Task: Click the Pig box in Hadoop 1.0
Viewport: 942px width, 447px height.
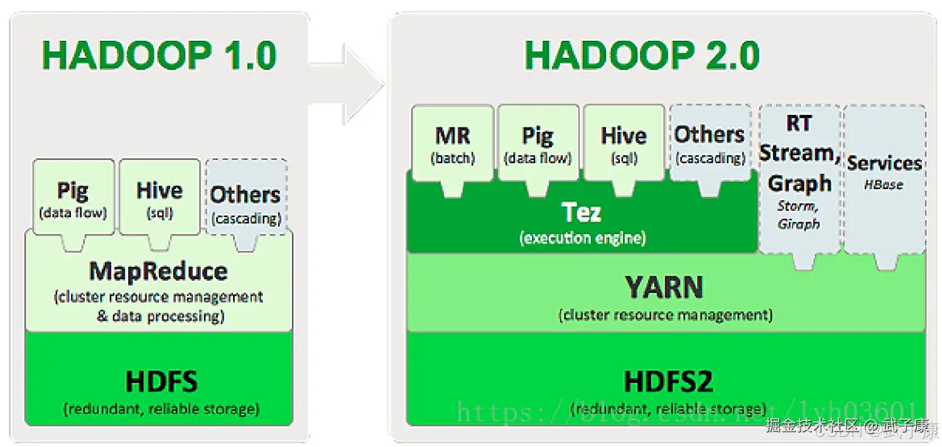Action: pyautogui.click(x=73, y=198)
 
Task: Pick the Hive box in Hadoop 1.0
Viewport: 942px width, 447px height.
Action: pyautogui.click(x=160, y=198)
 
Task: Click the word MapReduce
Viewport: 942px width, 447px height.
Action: pyautogui.click(x=158, y=271)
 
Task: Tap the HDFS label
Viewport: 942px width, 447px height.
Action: pyautogui.click(x=161, y=382)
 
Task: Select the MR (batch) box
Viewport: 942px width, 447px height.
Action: pyautogui.click(x=452, y=144)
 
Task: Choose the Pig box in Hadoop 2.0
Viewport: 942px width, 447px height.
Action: pyautogui.click(x=538, y=144)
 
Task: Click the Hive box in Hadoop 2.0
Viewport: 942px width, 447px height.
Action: pyautogui.click(x=624, y=144)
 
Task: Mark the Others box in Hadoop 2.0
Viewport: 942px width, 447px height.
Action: pyautogui.click(x=710, y=143)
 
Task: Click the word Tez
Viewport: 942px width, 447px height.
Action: pyautogui.click(x=582, y=213)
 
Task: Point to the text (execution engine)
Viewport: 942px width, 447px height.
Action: pyautogui.click(x=582, y=238)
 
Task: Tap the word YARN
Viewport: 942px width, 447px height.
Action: pyautogui.click(x=664, y=288)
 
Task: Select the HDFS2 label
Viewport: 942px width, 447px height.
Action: pyautogui.click(x=668, y=382)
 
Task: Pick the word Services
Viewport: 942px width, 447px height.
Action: pyautogui.click(x=884, y=163)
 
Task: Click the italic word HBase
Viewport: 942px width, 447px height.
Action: pyautogui.click(x=884, y=185)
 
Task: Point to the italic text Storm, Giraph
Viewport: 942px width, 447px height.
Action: pyautogui.click(x=799, y=214)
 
